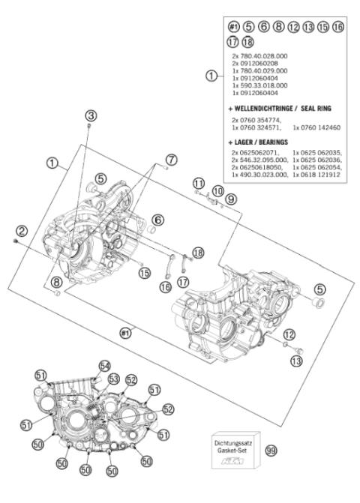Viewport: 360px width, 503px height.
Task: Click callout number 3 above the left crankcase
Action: pos(91,115)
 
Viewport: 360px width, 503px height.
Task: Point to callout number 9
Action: pos(230,199)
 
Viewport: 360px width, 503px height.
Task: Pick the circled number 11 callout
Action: pos(198,183)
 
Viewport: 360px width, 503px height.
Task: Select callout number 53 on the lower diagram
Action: pos(115,379)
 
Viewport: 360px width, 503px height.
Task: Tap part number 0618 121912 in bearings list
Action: pos(318,174)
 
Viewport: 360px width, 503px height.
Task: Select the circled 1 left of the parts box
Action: pos(213,76)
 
